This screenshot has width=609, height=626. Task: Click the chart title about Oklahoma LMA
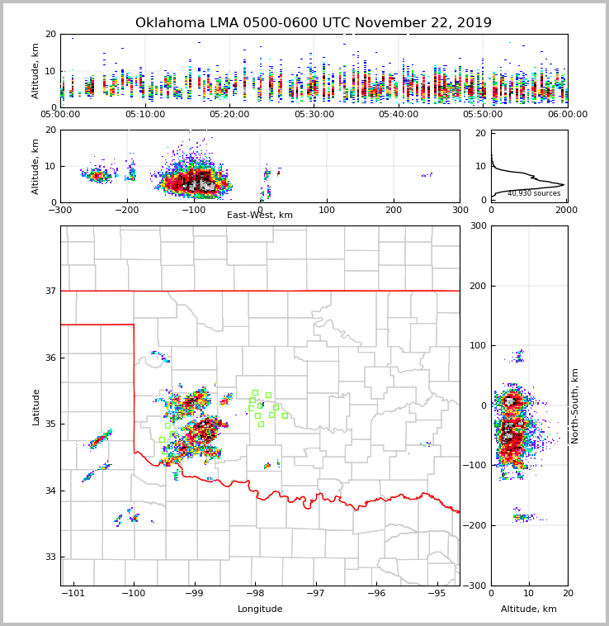point(313,23)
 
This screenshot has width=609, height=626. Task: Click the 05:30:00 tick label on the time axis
point(314,114)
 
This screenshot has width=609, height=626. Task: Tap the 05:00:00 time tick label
point(61,114)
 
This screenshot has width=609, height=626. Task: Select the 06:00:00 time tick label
point(567,114)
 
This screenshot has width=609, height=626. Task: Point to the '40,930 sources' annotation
point(534,193)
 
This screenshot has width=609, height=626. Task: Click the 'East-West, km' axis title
point(260,216)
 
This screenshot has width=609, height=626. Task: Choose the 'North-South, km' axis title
point(575,405)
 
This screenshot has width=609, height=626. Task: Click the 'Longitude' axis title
point(260,609)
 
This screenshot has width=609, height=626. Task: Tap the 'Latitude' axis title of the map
point(35,406)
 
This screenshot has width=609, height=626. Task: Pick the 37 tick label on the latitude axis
point(50,291)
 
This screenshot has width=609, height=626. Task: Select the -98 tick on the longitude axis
point(254,593)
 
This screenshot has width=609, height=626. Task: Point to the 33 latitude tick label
point(50,557)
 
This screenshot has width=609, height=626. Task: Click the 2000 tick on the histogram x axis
point(566,210)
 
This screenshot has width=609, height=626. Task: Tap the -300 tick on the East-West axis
point(61,210)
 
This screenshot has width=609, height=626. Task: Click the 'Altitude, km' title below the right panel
point(529,609)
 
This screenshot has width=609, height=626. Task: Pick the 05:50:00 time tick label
point(483,114)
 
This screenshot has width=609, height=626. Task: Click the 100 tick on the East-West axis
point(327,210)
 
